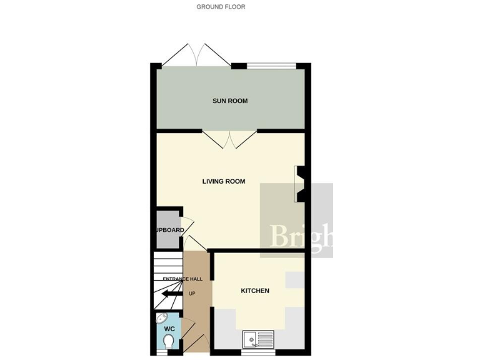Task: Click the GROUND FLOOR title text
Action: coord(221,7)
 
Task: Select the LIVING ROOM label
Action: coord(223,182)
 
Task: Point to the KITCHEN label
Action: coord(255,291)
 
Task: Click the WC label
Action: coord(169,328)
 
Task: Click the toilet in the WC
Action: coord(169,341)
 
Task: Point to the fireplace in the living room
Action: coord(300,184)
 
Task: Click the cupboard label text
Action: coord(169,230)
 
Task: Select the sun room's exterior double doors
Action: coord(196,55)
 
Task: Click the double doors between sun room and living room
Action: coord(229,139)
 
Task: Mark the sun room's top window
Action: coord(271,65)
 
